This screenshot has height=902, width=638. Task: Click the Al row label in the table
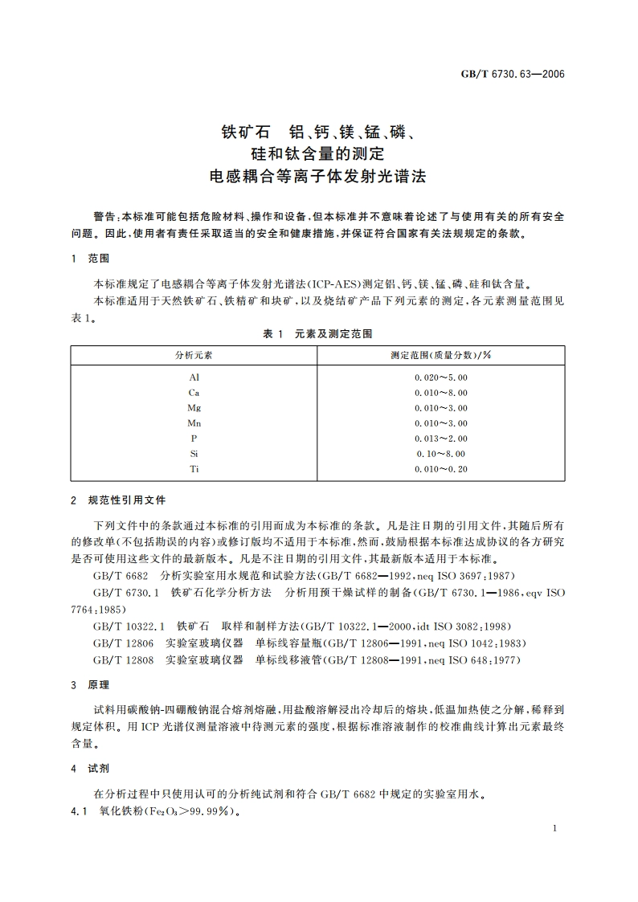(x=194, y=377)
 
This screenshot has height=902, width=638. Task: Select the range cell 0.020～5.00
(x=441, y=377)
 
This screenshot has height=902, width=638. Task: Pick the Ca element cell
(x=194, y=392)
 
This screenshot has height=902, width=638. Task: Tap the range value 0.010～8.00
(x=441, y=392)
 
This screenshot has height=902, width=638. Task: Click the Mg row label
(x=194, y=407)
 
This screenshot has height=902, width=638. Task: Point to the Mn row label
(x=194, y=422)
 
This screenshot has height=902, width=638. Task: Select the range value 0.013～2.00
(x=441, y=439)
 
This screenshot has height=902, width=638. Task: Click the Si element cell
(x=194, y=454)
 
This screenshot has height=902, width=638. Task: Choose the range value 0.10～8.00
(x=441, y=454)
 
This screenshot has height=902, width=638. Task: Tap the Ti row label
(x=194, y=469)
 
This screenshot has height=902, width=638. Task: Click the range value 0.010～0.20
(x=441, y=469)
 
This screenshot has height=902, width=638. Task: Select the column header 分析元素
(x=194, y=354)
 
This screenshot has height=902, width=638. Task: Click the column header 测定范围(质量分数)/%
(x=441, y=354)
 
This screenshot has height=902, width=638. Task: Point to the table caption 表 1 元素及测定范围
(x=318, y=333)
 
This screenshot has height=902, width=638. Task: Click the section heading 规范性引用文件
(x=127, y=500)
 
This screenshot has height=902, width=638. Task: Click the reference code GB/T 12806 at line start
(x=123, y=643)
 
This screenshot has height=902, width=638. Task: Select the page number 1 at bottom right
(x=555, y=827)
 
